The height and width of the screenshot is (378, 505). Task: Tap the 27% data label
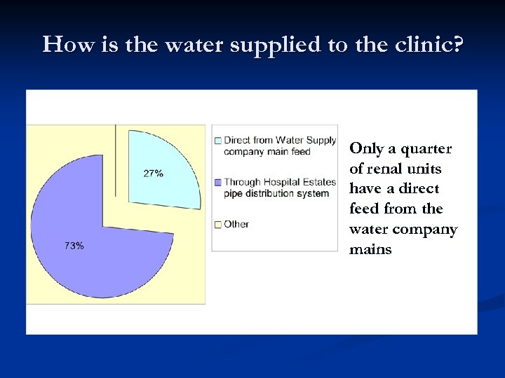154,173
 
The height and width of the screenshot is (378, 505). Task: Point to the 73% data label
74,246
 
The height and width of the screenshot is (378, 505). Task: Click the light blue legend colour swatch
218,141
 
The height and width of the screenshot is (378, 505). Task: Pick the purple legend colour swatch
218,183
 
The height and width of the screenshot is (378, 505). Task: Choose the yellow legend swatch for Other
218,225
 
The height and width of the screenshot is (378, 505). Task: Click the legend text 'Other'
236,225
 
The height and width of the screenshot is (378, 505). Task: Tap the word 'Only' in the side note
366,148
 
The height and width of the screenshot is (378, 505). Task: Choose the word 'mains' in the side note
370,249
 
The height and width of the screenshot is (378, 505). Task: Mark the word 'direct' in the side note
419,189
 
